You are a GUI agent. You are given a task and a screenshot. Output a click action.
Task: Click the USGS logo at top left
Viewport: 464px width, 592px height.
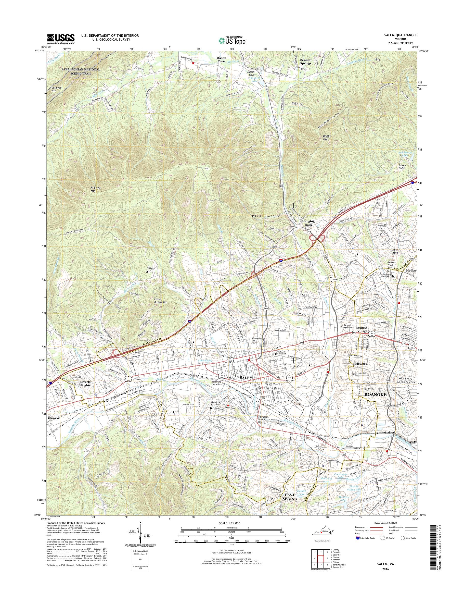(61, 39)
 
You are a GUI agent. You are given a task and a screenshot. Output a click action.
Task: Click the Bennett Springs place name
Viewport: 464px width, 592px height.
(306, 61)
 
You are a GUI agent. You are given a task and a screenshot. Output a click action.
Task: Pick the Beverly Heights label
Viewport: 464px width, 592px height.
(85, 384)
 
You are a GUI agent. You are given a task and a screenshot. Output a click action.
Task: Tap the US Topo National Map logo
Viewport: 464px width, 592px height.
(232, 40)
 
